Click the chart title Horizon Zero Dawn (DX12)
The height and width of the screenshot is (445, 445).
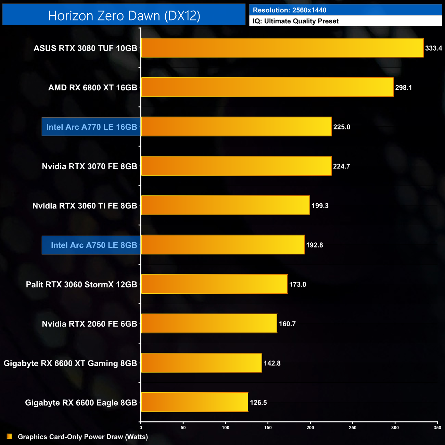pos(124,16)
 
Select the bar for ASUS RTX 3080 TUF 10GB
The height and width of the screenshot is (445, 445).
pos(282,48)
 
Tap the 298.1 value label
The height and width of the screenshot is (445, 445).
pos(404,88)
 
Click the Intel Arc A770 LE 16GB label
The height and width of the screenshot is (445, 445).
pos(91,127)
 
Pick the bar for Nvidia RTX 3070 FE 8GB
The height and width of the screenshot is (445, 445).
pos(236,166)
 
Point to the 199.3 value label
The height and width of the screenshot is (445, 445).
pos(320,206)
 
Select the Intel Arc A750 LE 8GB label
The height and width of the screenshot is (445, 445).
pos(94,245)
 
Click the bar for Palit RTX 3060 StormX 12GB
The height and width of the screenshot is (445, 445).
pos(214,284)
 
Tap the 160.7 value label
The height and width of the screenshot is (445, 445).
pos(287,324)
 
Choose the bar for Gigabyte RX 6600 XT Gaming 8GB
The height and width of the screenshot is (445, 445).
pos(201,363)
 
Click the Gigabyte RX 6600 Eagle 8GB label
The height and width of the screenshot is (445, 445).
pos(81,403)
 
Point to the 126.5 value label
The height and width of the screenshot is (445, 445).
pos(258,403)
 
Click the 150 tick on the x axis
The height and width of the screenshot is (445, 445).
pos(268,428)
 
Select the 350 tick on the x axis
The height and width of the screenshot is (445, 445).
pos(437,428)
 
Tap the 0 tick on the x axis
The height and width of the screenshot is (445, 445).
pos(141,428)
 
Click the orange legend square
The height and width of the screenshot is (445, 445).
pos(10,436)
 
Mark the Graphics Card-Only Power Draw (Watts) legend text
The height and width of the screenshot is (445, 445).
pos(83,437)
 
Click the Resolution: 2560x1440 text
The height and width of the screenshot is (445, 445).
pos(290,10)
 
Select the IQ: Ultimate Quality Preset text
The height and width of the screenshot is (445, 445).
pos(296,21)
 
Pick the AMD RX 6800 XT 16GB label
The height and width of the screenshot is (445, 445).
pos(92,88)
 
